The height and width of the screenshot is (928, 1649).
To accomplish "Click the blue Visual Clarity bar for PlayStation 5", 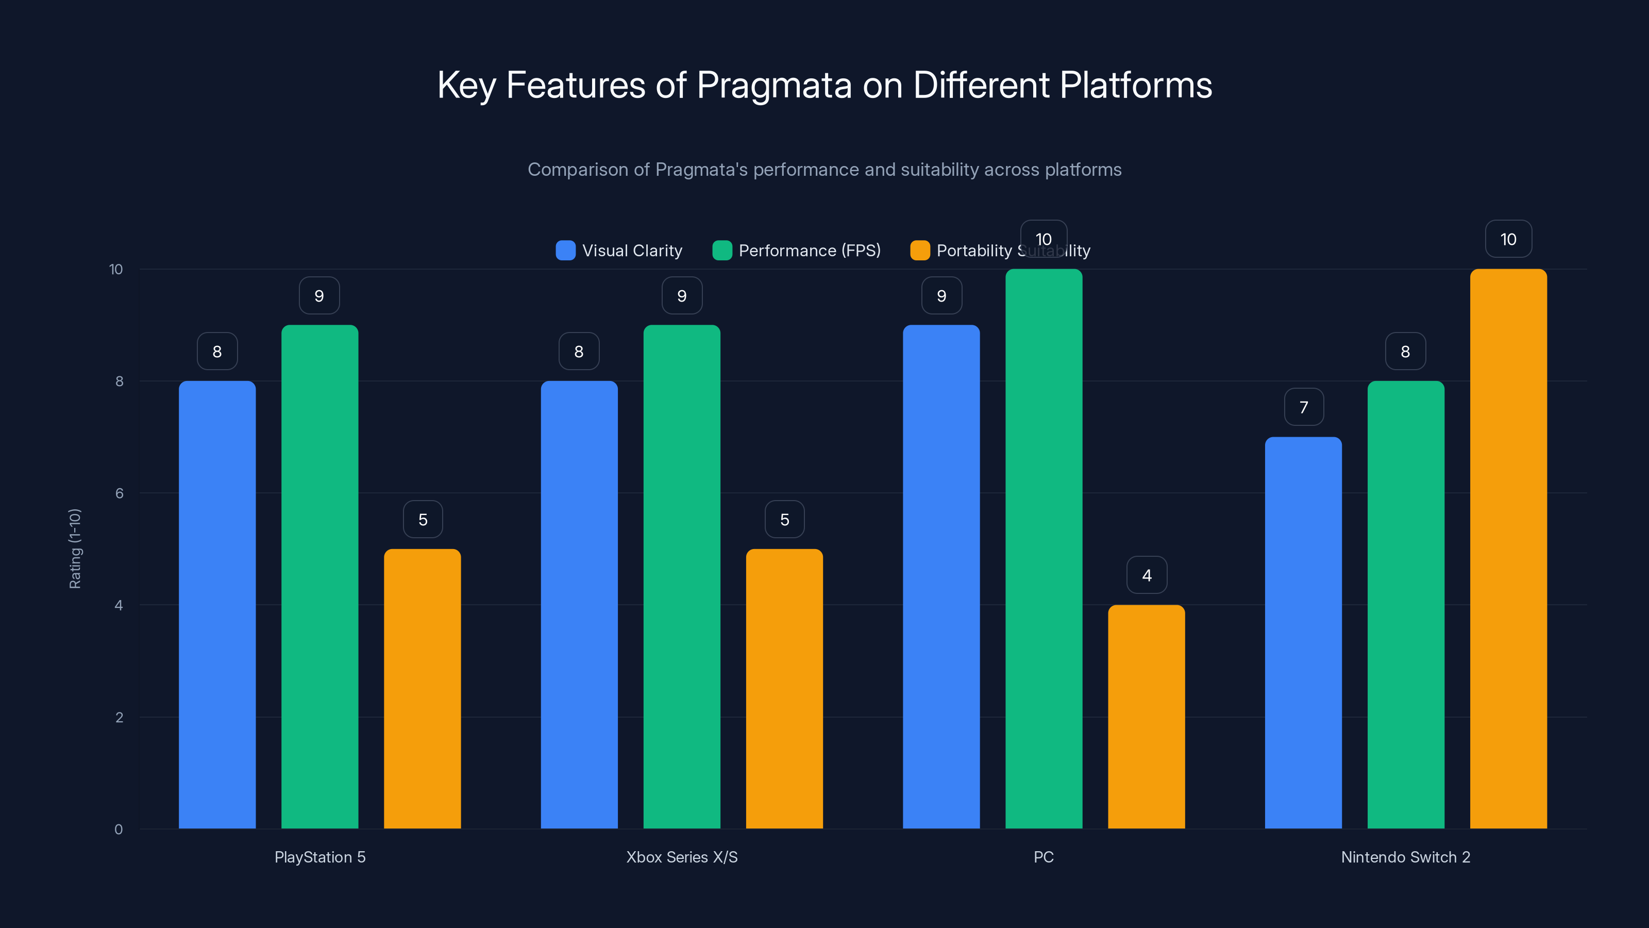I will [x=217, y=605].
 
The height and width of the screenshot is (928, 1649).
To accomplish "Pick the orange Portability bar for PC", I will [x=1146, y=717].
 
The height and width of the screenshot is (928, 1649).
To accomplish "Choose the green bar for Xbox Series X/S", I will [x=682, y=576].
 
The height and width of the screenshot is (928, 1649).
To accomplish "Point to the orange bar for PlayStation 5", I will [x=423, y=688].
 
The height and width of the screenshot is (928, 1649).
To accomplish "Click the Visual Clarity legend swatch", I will [x=565, y=251].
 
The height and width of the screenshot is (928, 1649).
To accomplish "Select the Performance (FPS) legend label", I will [x=809, y=251].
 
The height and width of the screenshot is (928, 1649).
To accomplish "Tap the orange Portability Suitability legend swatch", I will [x=920, y=251].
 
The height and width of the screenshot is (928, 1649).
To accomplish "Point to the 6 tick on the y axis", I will [x=119, y=493].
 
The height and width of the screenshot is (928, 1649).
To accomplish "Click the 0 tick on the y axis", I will [x=119, y=830].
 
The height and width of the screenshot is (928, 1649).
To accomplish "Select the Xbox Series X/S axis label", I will [x=682, y=857].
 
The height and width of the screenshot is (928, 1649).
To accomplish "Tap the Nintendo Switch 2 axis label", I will [x=1405, y=857].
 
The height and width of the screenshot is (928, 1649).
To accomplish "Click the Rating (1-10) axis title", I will [x=75, y=549].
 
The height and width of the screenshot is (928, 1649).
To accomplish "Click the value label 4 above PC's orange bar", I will [x=1147, y=575].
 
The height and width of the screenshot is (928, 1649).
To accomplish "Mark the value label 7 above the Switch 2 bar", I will [x=1303, y=407].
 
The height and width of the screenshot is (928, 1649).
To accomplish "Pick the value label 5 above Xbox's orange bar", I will [x=784, y=519].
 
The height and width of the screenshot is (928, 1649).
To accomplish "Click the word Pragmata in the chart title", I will [x=774, y=85].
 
